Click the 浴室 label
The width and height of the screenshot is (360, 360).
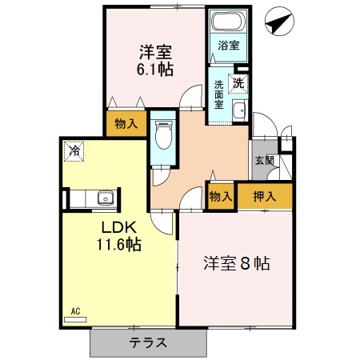click(x=228, y=46)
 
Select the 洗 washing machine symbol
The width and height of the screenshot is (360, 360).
click(x=238, y=81)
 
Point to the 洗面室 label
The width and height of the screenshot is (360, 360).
click(x=218, y=94)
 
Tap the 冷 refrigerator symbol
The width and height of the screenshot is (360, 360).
click(x=74, y=150)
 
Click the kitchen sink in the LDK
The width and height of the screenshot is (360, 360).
click(x=103, y=198)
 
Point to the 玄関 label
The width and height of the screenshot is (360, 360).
click(x=264, y=161)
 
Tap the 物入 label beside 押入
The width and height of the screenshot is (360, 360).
click(x=221, y=196)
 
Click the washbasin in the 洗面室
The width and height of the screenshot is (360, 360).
click(x=238, y=111)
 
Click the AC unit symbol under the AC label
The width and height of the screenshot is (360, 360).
click(x=74, y=318)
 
